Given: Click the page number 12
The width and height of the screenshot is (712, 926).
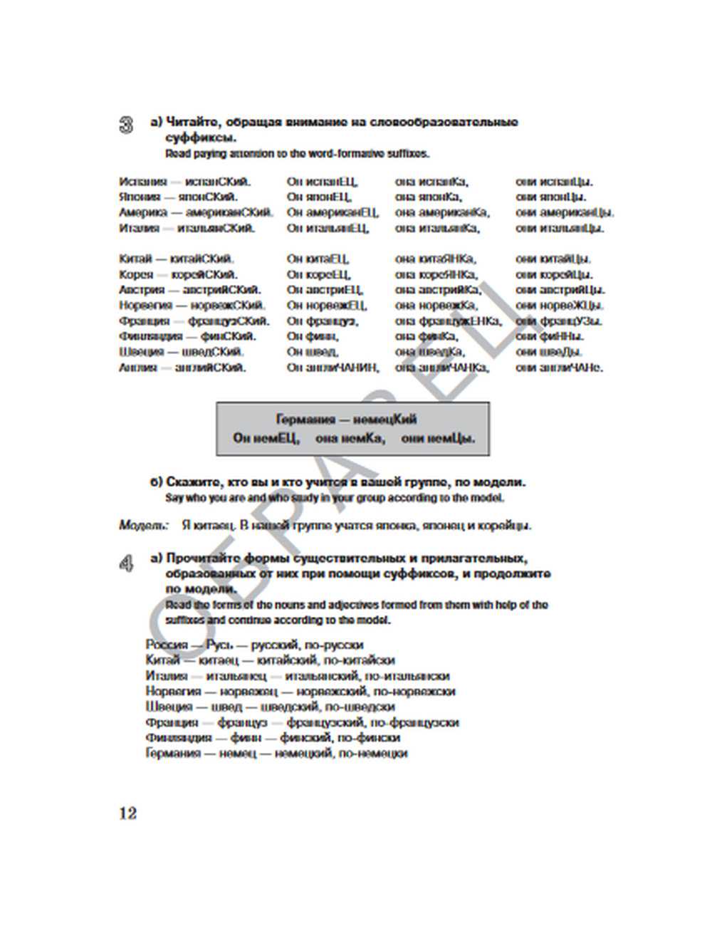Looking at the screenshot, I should click(x=128, y=813).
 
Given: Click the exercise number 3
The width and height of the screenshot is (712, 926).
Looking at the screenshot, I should click(x=126, y=125).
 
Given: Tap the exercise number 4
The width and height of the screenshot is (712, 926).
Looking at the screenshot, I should click(x=126, y=564).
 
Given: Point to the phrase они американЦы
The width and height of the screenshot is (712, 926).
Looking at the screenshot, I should click(x=565, y=212).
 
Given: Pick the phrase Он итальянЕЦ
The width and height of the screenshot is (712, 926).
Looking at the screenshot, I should click(x=328, y=228).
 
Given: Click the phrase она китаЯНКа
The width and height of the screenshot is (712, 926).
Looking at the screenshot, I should click(x=436, y=259).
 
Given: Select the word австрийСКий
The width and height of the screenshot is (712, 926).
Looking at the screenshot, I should click(x=221, y=290).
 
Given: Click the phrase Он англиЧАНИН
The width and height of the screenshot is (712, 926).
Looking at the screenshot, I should click(x=333, y=368).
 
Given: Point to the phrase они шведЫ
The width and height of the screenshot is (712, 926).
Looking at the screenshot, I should click(x=549, y=352).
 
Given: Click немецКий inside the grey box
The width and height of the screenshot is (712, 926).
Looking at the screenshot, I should click(x=385, y=420).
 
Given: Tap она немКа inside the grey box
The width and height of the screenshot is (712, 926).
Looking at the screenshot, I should click(x=350, y=438).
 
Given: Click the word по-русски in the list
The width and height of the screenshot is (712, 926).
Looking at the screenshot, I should click(x=335, y=645).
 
